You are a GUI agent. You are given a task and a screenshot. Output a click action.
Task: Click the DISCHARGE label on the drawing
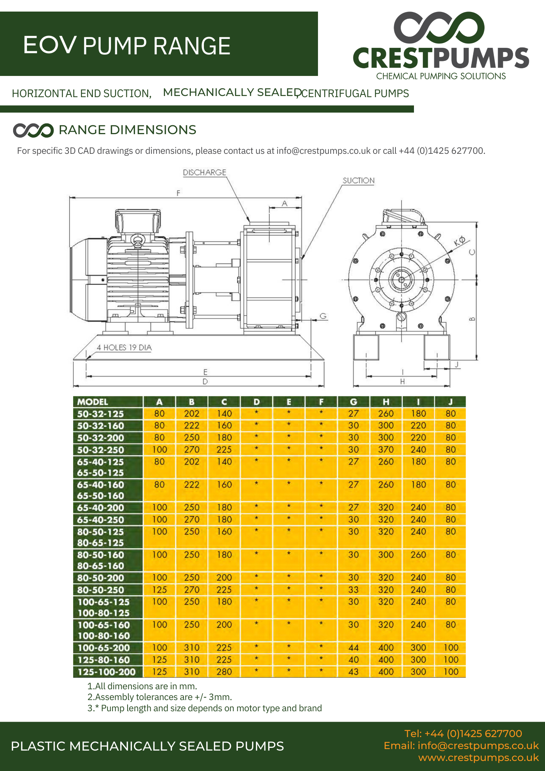coord(204,172)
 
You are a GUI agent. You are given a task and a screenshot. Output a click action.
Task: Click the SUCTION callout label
coord(358,180)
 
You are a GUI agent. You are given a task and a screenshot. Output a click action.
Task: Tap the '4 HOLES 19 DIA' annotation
coord(124,347)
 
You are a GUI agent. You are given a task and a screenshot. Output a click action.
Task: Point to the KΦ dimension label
coord(459,241)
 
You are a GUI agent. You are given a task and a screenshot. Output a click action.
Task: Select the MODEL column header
coord(93,402)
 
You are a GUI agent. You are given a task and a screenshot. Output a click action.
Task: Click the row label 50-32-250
coord(101,450)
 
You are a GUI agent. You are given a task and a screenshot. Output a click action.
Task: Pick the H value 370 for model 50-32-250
coord(386,449)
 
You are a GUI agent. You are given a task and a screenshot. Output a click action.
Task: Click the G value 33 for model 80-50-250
coord(353,590)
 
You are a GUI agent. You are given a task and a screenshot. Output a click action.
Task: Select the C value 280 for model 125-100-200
coord(224,672)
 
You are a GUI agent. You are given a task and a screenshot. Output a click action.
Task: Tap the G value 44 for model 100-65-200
coord(353,648)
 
